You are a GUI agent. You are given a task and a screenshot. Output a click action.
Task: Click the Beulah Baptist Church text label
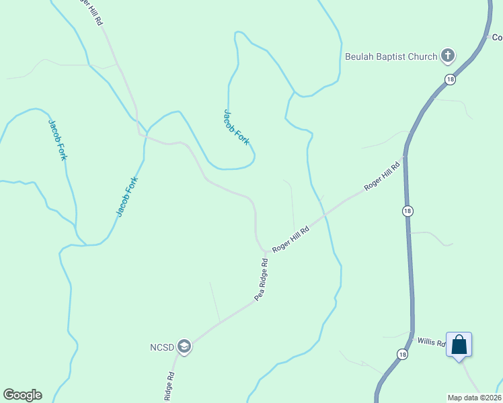391,56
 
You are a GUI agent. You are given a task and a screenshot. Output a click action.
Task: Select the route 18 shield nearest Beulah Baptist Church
450,79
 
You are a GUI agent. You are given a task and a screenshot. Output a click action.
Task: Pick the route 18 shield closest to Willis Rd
402,354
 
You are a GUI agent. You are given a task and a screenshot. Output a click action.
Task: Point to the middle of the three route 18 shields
408,211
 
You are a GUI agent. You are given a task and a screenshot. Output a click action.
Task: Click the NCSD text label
162,347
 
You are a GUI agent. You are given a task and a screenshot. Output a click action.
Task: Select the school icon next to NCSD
184,347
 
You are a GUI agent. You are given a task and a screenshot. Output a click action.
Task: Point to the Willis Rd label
431,343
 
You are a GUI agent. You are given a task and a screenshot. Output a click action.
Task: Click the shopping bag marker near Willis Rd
459,345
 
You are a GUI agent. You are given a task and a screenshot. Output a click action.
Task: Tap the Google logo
22,395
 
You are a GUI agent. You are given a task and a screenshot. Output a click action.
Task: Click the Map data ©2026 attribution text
474,398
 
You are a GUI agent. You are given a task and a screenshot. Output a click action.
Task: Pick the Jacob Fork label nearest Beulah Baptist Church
237,128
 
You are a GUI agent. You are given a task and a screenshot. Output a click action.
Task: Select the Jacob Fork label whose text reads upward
127,196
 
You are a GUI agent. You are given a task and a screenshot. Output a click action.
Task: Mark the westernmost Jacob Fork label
57,140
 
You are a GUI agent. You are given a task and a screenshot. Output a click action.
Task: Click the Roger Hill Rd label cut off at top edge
91,12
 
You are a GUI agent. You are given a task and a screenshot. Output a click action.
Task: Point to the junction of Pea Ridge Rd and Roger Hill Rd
264,252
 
